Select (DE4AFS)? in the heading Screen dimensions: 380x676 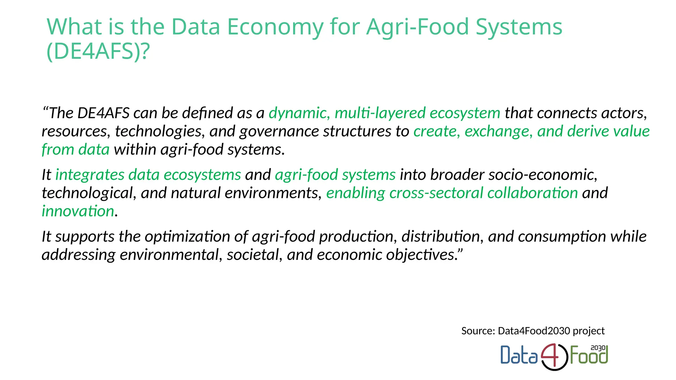[x=98, y=52]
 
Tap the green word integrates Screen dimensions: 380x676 [x=89, y=175]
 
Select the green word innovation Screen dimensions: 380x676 [x=78, y=211]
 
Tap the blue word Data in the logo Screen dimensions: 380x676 [x=519, y=356]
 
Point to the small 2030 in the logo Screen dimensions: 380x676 [x=598, y=348]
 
